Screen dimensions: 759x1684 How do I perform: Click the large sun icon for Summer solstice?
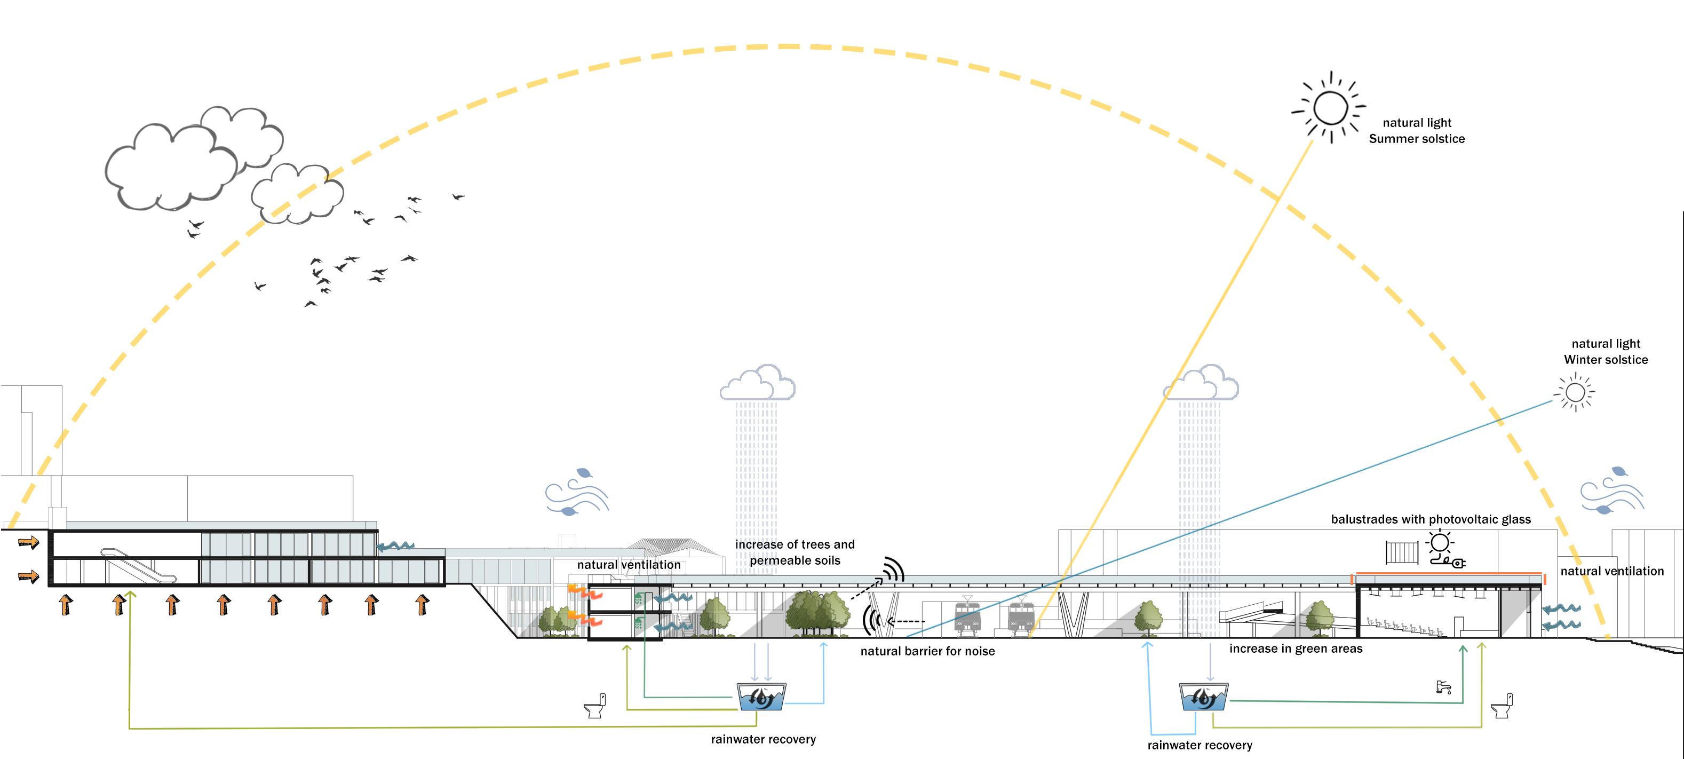coord(1330,108)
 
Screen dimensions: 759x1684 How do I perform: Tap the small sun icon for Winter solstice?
coord(1575,393)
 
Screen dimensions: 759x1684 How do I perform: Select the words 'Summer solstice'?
coord(1417,139)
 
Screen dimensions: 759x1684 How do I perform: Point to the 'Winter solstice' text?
coord(1606,360)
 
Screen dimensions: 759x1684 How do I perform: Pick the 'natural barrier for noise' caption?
coord(927,651)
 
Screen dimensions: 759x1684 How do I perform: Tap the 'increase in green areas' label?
coord(1296,649)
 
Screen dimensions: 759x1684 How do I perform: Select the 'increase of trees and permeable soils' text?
coord(795,552)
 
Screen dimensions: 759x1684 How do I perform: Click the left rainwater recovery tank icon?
coord(761,697)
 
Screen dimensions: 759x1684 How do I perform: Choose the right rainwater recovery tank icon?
coord(1204,698)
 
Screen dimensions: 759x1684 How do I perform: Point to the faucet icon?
coord(1443,687)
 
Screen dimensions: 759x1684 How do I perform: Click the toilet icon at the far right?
coord(1501,706)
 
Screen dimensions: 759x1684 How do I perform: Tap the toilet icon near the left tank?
coord(594,706)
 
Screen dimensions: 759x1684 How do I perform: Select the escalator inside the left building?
coord(139,566)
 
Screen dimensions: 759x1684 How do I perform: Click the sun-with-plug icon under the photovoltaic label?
coord(1443,549)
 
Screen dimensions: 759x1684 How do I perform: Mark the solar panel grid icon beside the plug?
coord(1402,552)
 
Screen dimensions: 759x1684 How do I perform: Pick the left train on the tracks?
coord(967,616)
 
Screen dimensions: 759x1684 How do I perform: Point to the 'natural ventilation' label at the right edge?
coord(1611,571)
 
